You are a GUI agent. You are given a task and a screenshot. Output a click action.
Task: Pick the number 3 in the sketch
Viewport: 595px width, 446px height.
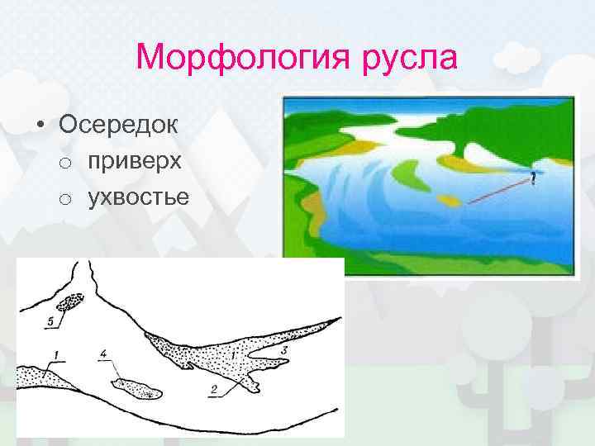283,353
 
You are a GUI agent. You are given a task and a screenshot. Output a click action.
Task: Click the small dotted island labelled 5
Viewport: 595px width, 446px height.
70,303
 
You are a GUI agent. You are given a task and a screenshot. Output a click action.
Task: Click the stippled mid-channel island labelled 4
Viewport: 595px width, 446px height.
138,387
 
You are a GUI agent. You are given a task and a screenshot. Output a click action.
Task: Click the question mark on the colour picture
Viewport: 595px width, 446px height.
533,178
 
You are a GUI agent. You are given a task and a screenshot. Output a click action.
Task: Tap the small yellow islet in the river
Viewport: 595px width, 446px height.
450,200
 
